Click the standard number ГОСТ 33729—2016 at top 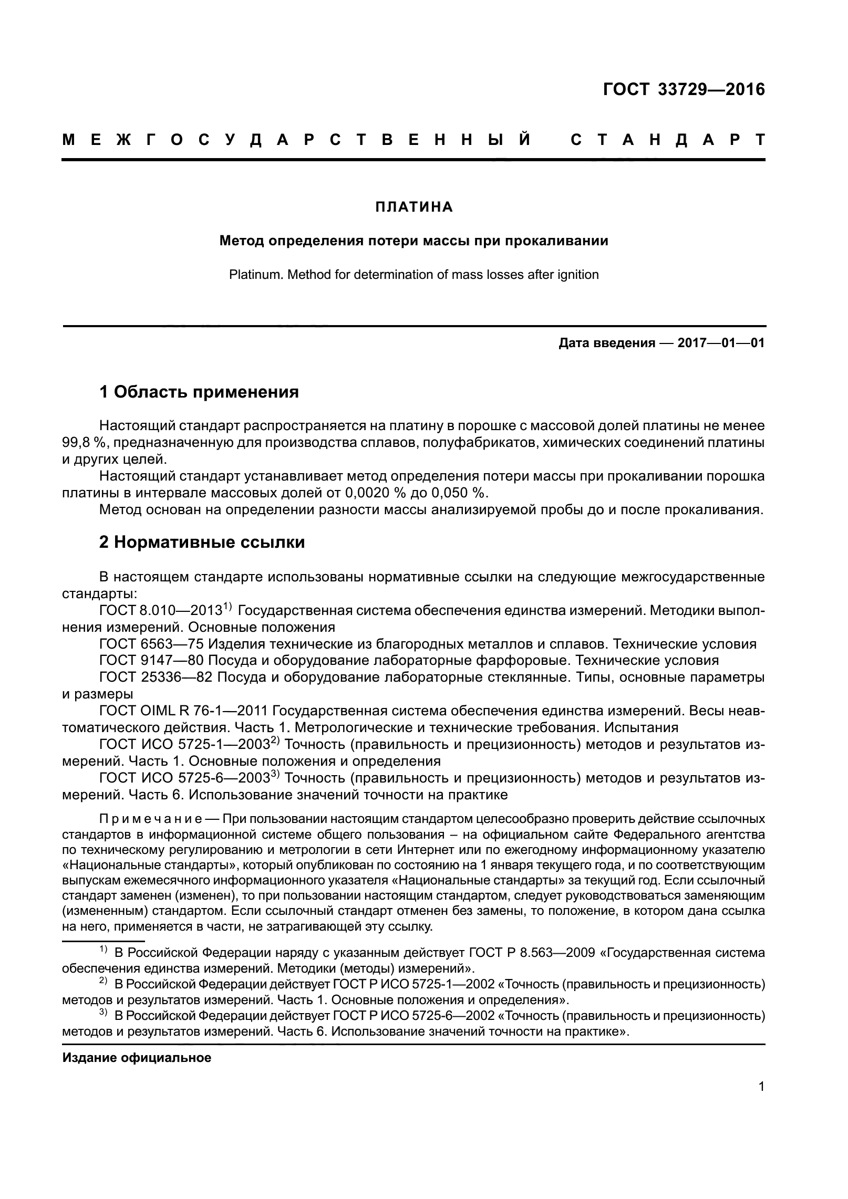point(684,90)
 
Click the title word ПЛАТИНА point(414,207)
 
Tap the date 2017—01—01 point(721,343)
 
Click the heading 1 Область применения point(199,392)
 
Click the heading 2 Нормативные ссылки point(202,542)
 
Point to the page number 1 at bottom point(761,1086)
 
